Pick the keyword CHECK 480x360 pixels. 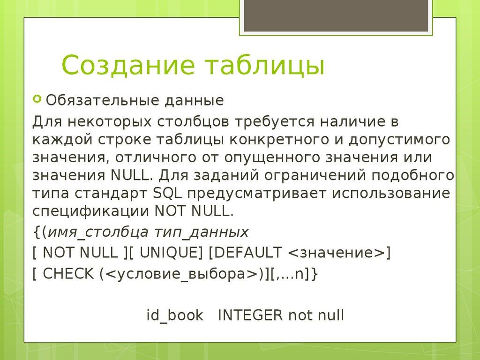tap(68, 274)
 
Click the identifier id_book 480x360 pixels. tap(175, 315)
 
